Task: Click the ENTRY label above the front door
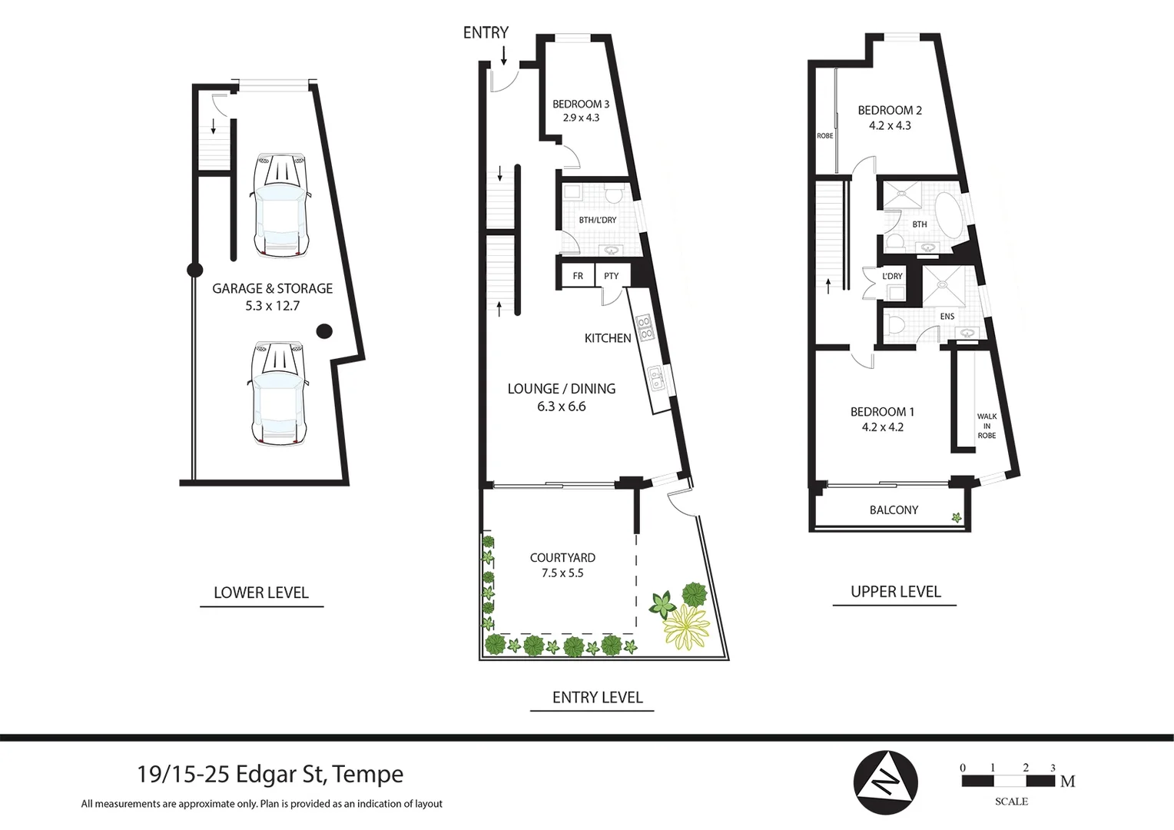pos(486,32)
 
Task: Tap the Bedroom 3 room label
pos(581,104)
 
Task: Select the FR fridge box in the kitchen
pos(578,276)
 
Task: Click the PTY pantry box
pos(612,276)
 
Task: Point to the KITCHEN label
pos(608,338)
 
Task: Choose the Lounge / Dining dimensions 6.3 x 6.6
pos(561,407)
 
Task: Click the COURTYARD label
pos(562,558)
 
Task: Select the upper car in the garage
pos(280,205)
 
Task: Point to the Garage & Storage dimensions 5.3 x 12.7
pos(272,306)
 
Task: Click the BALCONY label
pos(894,510)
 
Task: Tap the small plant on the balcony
pos(957,518)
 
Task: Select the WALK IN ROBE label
pos(987,426)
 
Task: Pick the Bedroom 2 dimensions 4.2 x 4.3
pos(890,125)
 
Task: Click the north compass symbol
pos(885,782)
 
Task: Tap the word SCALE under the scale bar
pos(1011,802)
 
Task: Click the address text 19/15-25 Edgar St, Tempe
pos(270,774)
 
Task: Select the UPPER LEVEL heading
pos(895,592)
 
